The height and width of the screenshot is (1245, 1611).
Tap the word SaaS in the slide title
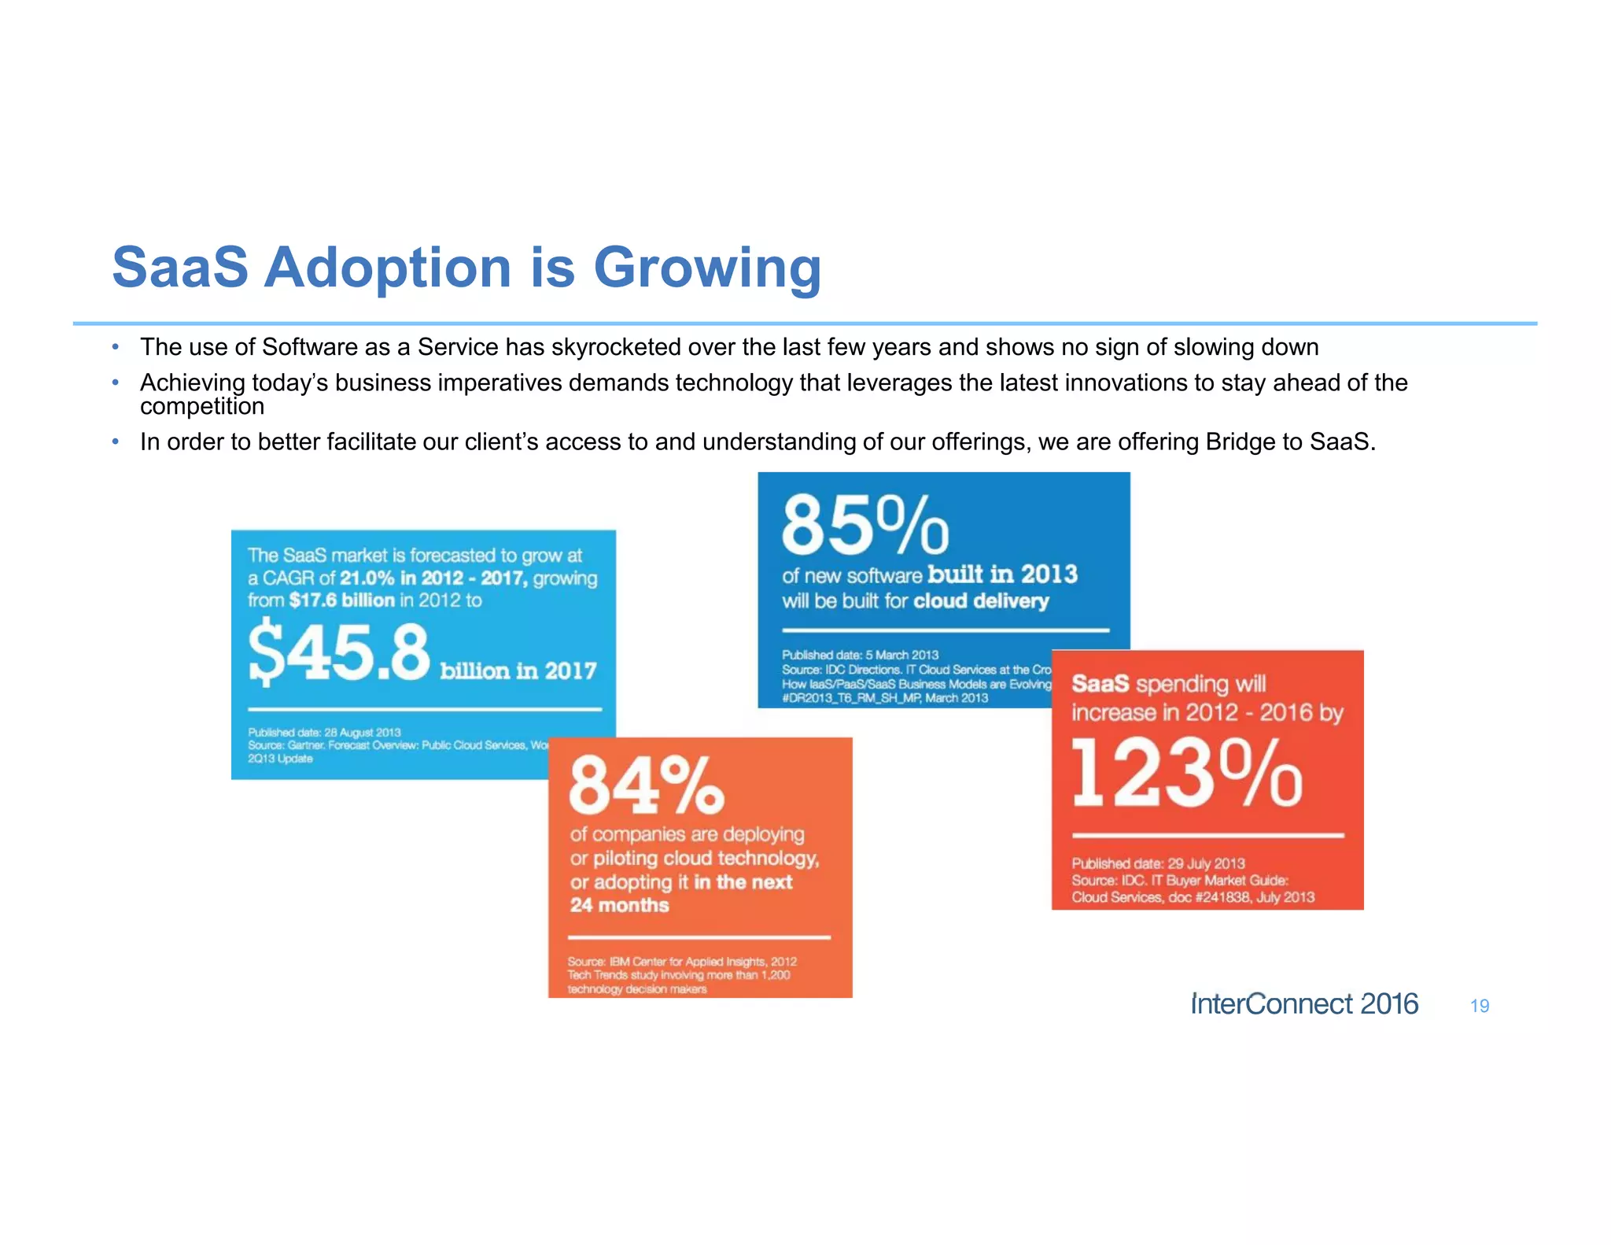tap(180, 268)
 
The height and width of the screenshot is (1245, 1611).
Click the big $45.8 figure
tap(339, 652)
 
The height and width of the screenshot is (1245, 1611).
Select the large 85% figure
tap(864, 525)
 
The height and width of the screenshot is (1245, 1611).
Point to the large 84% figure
tap(645, 785)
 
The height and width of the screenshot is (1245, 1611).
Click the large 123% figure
tap(1186, 774)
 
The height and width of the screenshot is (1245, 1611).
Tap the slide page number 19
tap(1479, 1006)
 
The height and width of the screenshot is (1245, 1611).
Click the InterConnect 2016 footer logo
tap(1304, 1004)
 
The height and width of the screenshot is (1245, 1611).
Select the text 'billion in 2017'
tap(518, 671)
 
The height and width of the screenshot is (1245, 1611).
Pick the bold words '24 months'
tap(619, 905)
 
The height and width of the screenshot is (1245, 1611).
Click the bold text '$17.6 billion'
tap(341, 600)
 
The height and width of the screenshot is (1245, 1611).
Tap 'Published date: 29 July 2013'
tap(1157, 863)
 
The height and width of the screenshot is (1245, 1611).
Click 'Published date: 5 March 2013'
tap(860, 655)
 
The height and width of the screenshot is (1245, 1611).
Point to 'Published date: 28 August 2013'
tap(324, 732)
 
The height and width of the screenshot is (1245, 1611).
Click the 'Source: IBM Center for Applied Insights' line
tap(681, 962)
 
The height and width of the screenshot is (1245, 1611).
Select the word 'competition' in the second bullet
tap(202, 407)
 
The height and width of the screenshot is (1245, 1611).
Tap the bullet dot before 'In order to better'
tap(116, 441)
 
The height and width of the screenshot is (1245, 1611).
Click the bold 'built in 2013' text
tap(1002, 574)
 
